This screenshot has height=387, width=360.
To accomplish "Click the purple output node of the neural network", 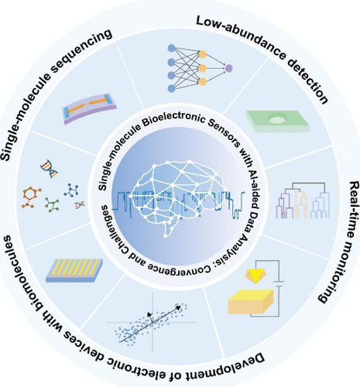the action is [x=228, y=68].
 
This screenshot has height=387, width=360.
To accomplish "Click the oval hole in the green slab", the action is [x=278, y=119].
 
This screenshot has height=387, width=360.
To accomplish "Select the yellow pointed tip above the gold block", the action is [x=255, y=276].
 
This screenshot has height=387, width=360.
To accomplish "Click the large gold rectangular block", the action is [x=251, y=302].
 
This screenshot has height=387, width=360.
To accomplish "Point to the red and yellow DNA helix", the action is [x=49, y=168].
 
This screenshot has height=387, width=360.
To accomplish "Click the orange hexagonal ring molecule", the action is [x=31, y=197].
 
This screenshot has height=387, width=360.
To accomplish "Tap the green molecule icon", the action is [x=52, y=205].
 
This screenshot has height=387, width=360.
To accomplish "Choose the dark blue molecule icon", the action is [x=71, y=190].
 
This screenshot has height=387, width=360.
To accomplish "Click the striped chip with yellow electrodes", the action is [x=74, y=270].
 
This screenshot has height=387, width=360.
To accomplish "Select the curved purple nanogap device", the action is [x=90, y=108].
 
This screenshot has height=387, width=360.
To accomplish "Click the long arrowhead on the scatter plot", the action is [x=178, y=307].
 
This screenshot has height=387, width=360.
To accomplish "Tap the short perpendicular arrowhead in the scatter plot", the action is [x=149, y=313].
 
